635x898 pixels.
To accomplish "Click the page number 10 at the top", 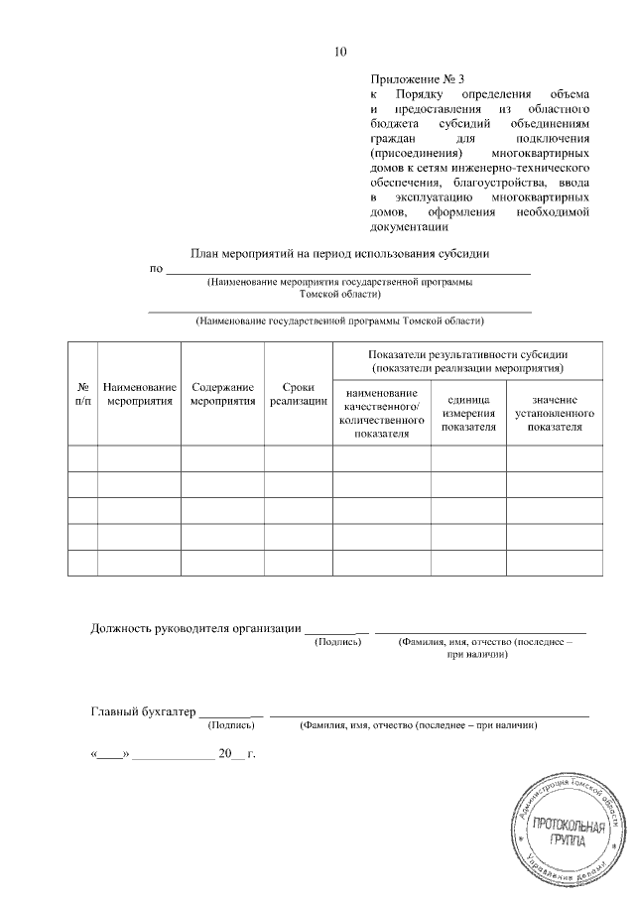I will [340, 52].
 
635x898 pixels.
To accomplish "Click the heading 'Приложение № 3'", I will [417, 78].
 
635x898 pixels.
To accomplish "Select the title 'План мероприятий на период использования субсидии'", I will [339, 253].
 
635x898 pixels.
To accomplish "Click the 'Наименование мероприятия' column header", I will [139, 394].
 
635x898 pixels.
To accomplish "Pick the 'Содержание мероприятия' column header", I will [222, 394].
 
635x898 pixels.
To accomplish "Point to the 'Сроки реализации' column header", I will [298, 394].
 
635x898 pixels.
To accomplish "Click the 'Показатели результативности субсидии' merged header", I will [466, 361].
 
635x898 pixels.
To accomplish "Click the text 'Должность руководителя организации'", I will [195, 627].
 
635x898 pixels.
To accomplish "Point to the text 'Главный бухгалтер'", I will [143, 710].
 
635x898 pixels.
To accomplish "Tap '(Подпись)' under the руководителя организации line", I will [337, 643].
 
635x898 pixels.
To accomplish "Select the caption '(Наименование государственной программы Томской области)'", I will [339, 321].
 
